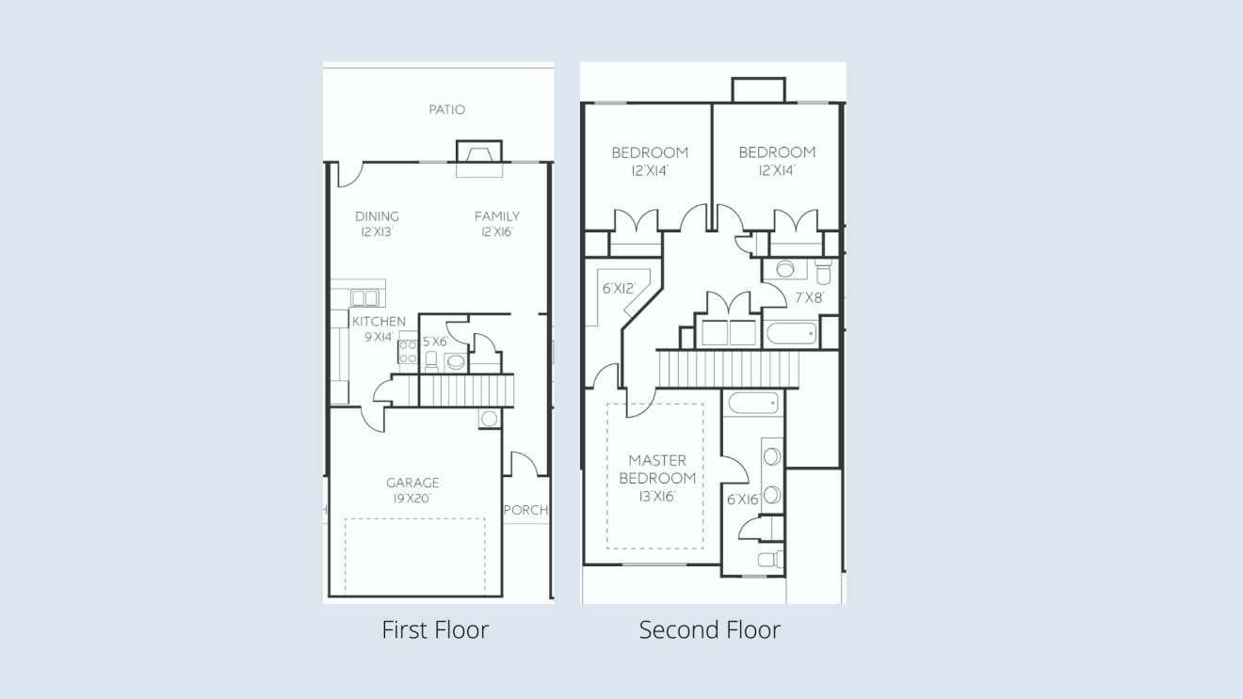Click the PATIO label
446,110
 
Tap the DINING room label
377,216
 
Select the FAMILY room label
496,216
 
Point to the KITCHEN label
379,322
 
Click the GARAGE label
412,483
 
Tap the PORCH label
525,510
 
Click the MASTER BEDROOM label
657,469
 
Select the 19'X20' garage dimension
412,499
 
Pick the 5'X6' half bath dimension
435,342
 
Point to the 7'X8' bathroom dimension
809,298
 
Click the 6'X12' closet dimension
619,288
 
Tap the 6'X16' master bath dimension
743,500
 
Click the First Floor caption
435,629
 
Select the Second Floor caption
710,629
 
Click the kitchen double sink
364,298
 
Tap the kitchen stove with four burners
408,352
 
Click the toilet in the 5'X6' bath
431,361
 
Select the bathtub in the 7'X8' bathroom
791,334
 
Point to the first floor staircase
466,390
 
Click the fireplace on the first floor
479,151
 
